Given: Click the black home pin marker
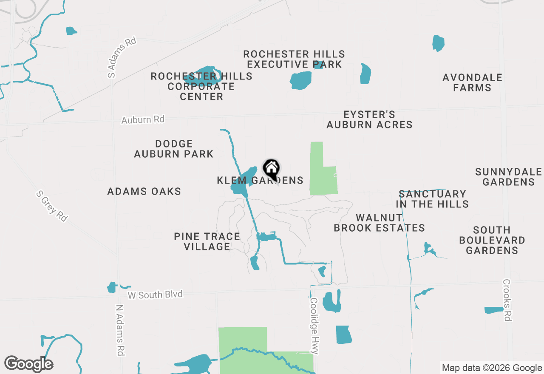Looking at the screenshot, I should point(271,169).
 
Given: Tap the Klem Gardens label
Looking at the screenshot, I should point(260,181).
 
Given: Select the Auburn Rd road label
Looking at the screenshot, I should point(143,120).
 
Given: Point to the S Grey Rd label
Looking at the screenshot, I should point(52,206).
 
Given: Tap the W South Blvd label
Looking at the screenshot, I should point(155,295).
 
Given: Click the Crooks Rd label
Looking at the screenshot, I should point(507,300).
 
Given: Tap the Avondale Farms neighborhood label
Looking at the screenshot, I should point(472,83).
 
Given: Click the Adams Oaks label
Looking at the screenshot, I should point(144,192).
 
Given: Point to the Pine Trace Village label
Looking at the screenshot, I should point(207,241).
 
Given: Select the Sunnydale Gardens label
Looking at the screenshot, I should point(508,177).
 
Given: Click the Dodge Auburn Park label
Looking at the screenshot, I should point(174,149).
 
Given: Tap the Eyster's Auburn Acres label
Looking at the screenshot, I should point(369,120).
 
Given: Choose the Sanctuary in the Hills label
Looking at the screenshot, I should point(432,199).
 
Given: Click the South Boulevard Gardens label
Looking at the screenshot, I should point(492,241).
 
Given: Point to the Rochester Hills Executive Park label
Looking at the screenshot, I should point(294,59).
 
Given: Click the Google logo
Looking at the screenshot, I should point(28,364).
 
